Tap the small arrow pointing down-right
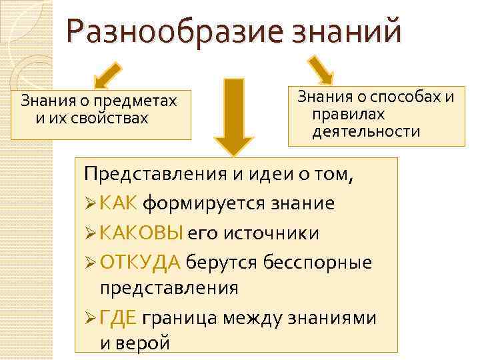(321, 69)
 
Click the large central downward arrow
(233, 117)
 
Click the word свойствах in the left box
(113, 118)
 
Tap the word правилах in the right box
(347, 114)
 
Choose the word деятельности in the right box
(366, 131)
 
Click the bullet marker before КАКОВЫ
(91, 233)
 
